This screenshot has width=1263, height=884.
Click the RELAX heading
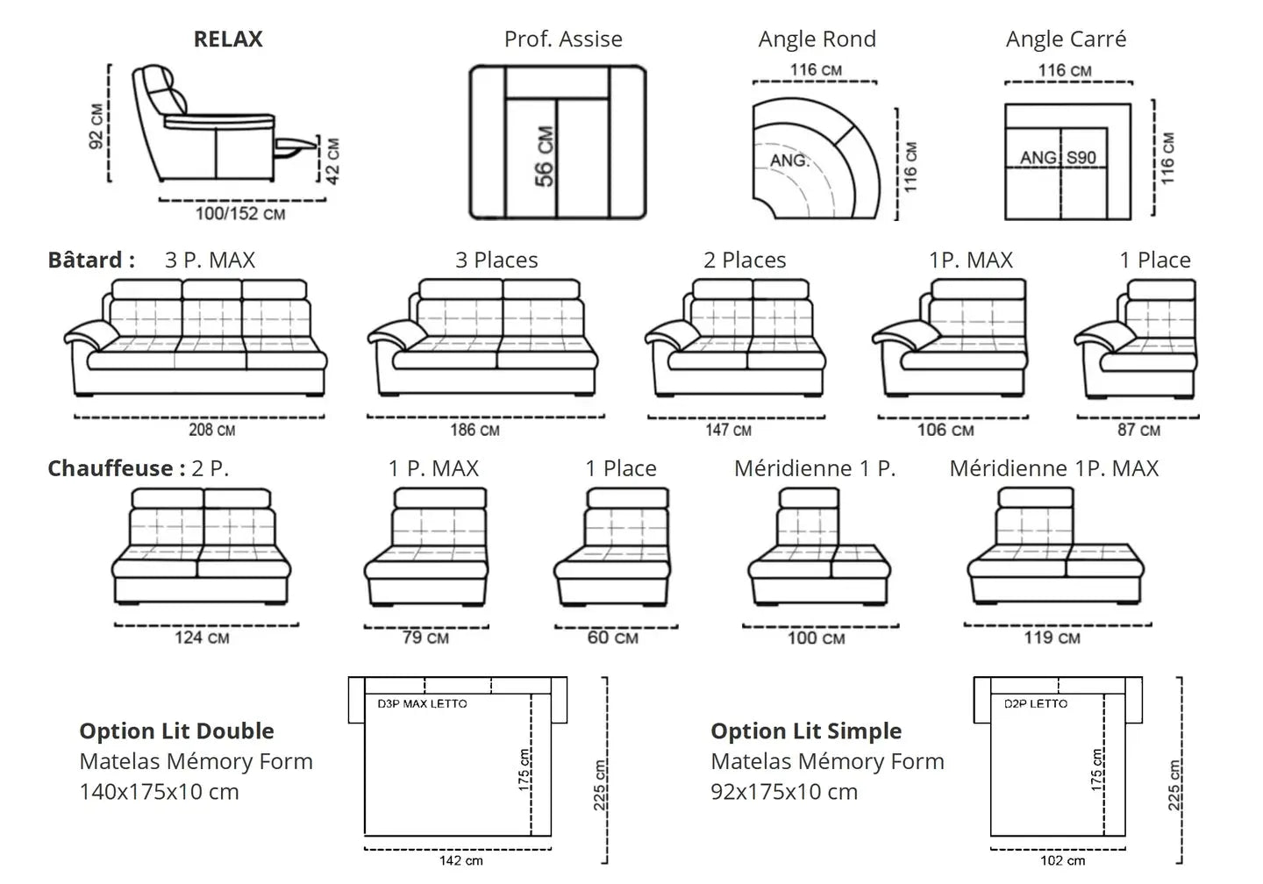pyautogui.click(x=228, y=39)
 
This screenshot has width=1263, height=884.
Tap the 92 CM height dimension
pyautogui.click(x=96, y=125)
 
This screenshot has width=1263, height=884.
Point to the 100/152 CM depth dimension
pyautogui.click(x=239, y=213)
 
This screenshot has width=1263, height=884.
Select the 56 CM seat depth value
pyautogui.click(x=544, y=157)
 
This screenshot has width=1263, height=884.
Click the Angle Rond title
pyautogui.click(x=817, y=39)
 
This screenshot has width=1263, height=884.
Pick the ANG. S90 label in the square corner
pyautogui.click(x=1058, y=158)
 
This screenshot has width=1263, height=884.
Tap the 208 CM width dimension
pyautogui.click(x=211, y=430)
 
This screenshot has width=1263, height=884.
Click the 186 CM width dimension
pyautogui.click(x=475, y=430)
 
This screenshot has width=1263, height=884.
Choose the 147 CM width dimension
pyautogui.click(x=728, y=430)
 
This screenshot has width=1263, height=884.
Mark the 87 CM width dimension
pyautogui.click(x=1138, y=430)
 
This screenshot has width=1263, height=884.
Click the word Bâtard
pyautogui.click(x=85, y=260)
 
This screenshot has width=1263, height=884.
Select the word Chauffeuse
pyautogui.click(x=111, y=468)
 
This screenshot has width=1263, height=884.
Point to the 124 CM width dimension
pyautogui.click(x=202, y=638)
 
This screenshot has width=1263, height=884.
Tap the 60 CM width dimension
pyautogui.click(x=612, y=638)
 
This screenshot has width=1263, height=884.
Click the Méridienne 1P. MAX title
pyautogui.click(x=1053, y=468)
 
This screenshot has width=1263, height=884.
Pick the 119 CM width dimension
pyautogui.click(x=1052, y=638)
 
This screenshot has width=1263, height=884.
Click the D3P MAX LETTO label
pyautogui.click(x=422, y=703)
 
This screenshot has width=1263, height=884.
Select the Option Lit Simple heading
pyautogui.click(x=806, y=731)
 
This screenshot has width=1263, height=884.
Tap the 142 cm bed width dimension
pyautogui.click(x=461, y=860)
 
